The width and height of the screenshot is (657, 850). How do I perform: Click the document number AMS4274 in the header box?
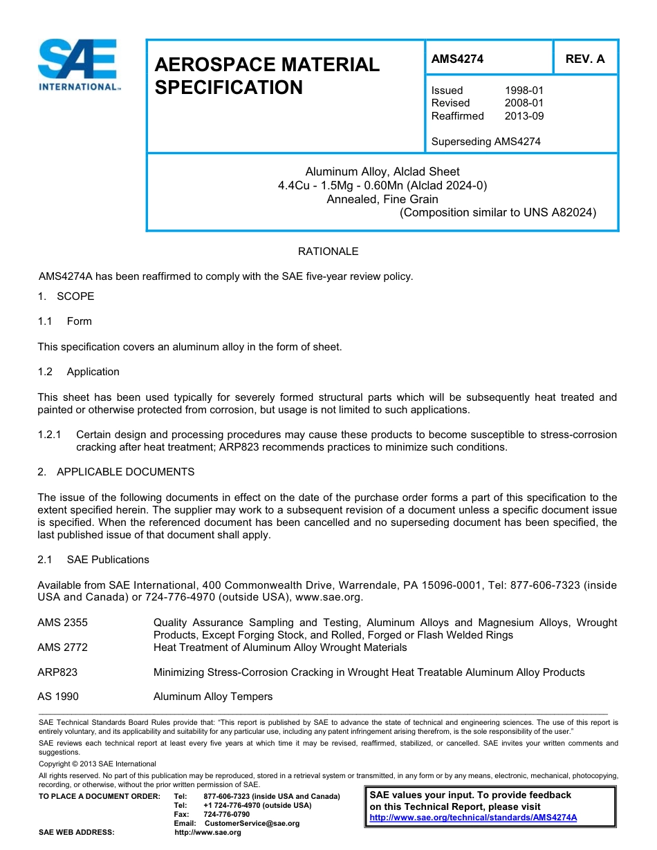tap(457, 59)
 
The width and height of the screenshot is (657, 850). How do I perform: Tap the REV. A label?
tap(584, 59)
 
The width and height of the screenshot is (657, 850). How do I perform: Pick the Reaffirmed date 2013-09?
tap(524, 116)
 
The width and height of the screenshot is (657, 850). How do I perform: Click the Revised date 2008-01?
tap(524, 103)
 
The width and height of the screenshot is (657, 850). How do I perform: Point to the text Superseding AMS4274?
tap(485, 142)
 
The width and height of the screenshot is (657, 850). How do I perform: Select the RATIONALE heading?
tap(328, 252)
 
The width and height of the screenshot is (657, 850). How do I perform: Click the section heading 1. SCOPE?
tap(66, 296)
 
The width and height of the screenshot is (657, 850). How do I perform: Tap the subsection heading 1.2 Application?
tap(79, 372)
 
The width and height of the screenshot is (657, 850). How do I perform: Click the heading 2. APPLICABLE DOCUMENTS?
tap(115, 472)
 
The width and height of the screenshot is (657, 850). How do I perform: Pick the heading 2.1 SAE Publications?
tap(93, 560)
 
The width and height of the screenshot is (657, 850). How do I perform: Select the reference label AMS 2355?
tap(62, 623)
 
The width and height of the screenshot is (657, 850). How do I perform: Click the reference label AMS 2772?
tap(62, 648)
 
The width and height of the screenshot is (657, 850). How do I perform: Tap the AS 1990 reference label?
tap(58, 697)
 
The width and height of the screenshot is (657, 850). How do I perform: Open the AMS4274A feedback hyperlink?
tap(473, 818)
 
